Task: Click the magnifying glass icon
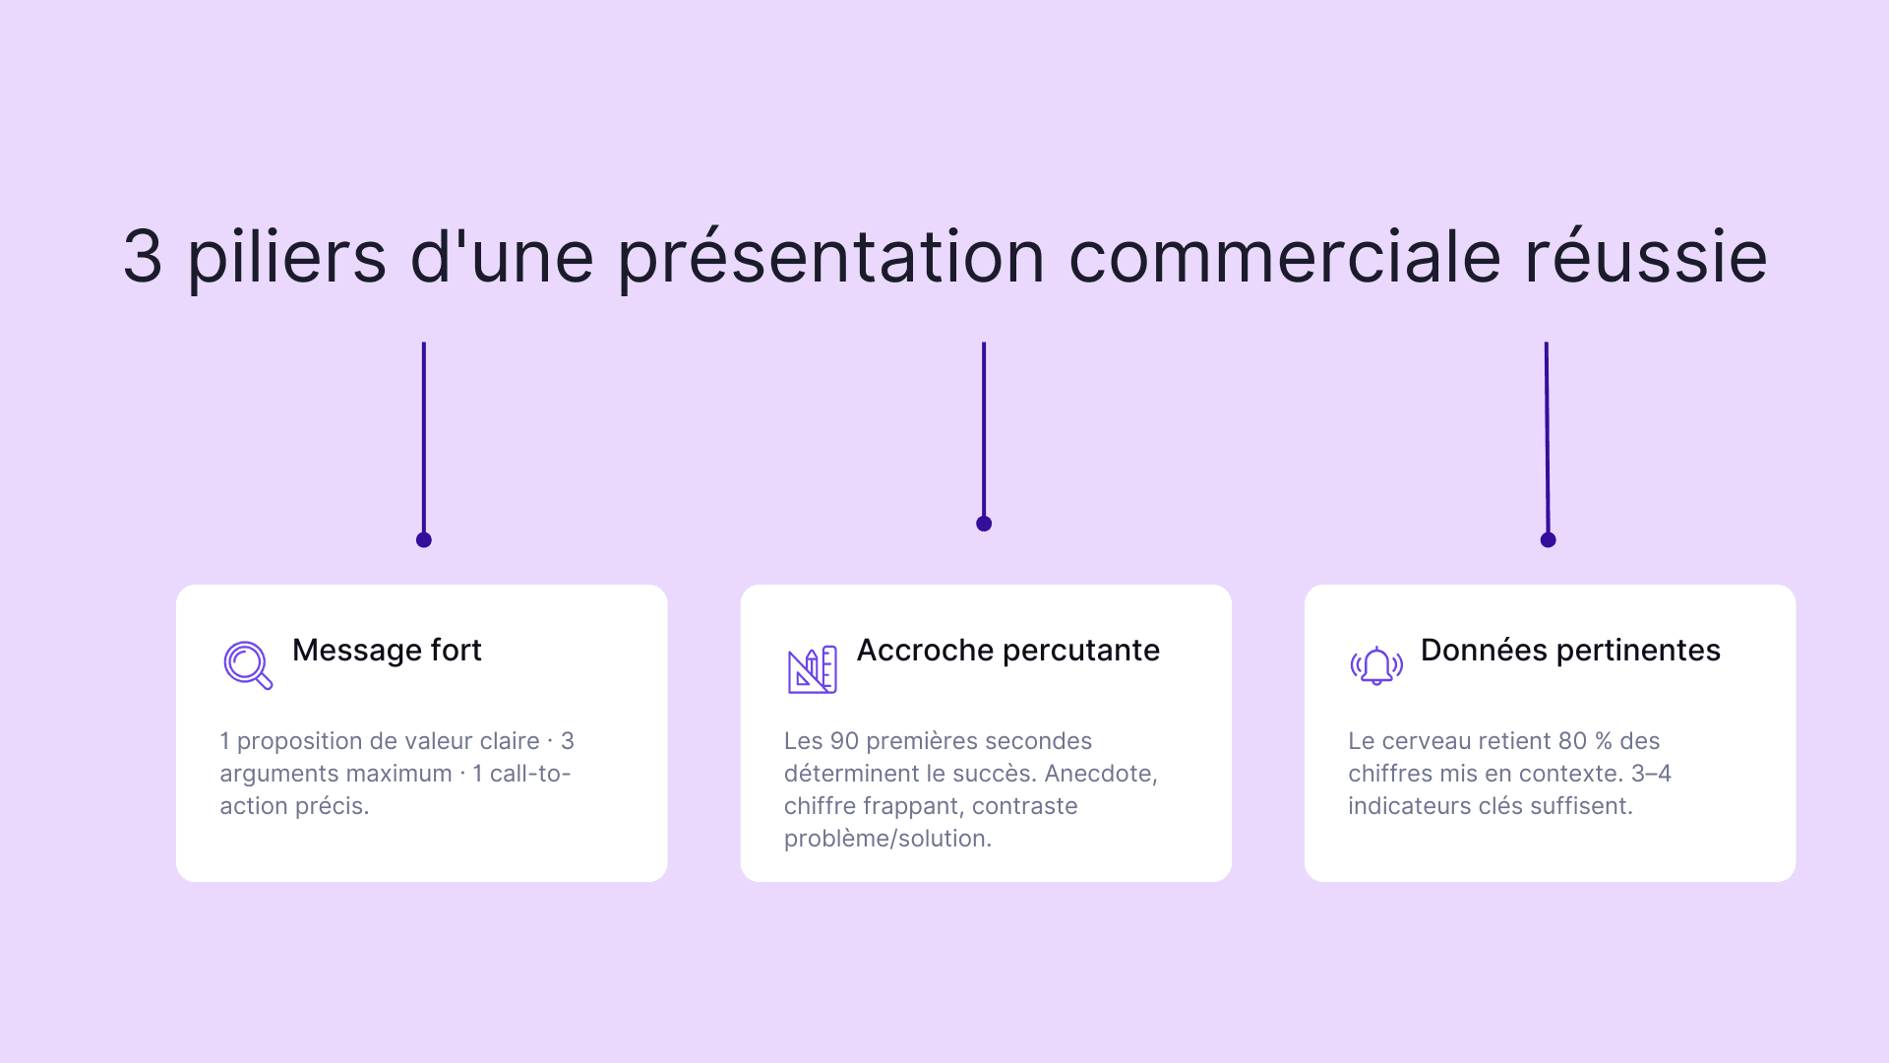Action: point(247,665)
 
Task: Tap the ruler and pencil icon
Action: point(812,669)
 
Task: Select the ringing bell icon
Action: point(1375,666)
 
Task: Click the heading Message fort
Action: point(387,651)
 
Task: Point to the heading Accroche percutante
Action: point(1007,651)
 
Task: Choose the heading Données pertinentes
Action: point(1570,651)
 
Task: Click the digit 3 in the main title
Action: point(143,257)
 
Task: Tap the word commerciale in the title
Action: point(1284,257)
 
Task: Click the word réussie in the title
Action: point(1646,257)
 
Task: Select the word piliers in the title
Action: point(286,257)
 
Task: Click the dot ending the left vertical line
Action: point(424,539)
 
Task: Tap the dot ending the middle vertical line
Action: point(984,524)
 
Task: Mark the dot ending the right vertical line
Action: point(1548,539)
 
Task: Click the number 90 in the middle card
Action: point(844,741)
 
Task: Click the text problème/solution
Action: point(887,839)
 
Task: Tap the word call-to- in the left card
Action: point(529,774)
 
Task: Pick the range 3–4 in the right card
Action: point(1650,774)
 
